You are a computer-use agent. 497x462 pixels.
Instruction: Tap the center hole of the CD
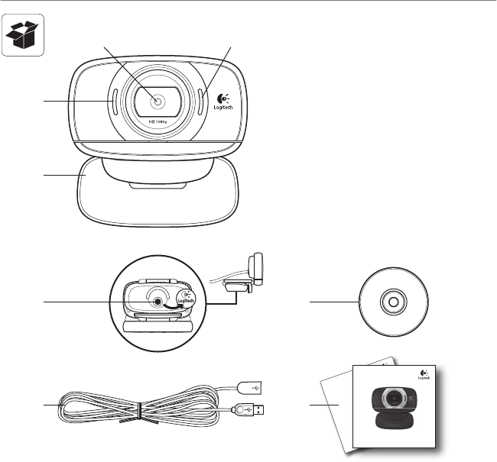(393, 302)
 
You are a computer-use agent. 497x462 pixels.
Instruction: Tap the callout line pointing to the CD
(333, 302)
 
